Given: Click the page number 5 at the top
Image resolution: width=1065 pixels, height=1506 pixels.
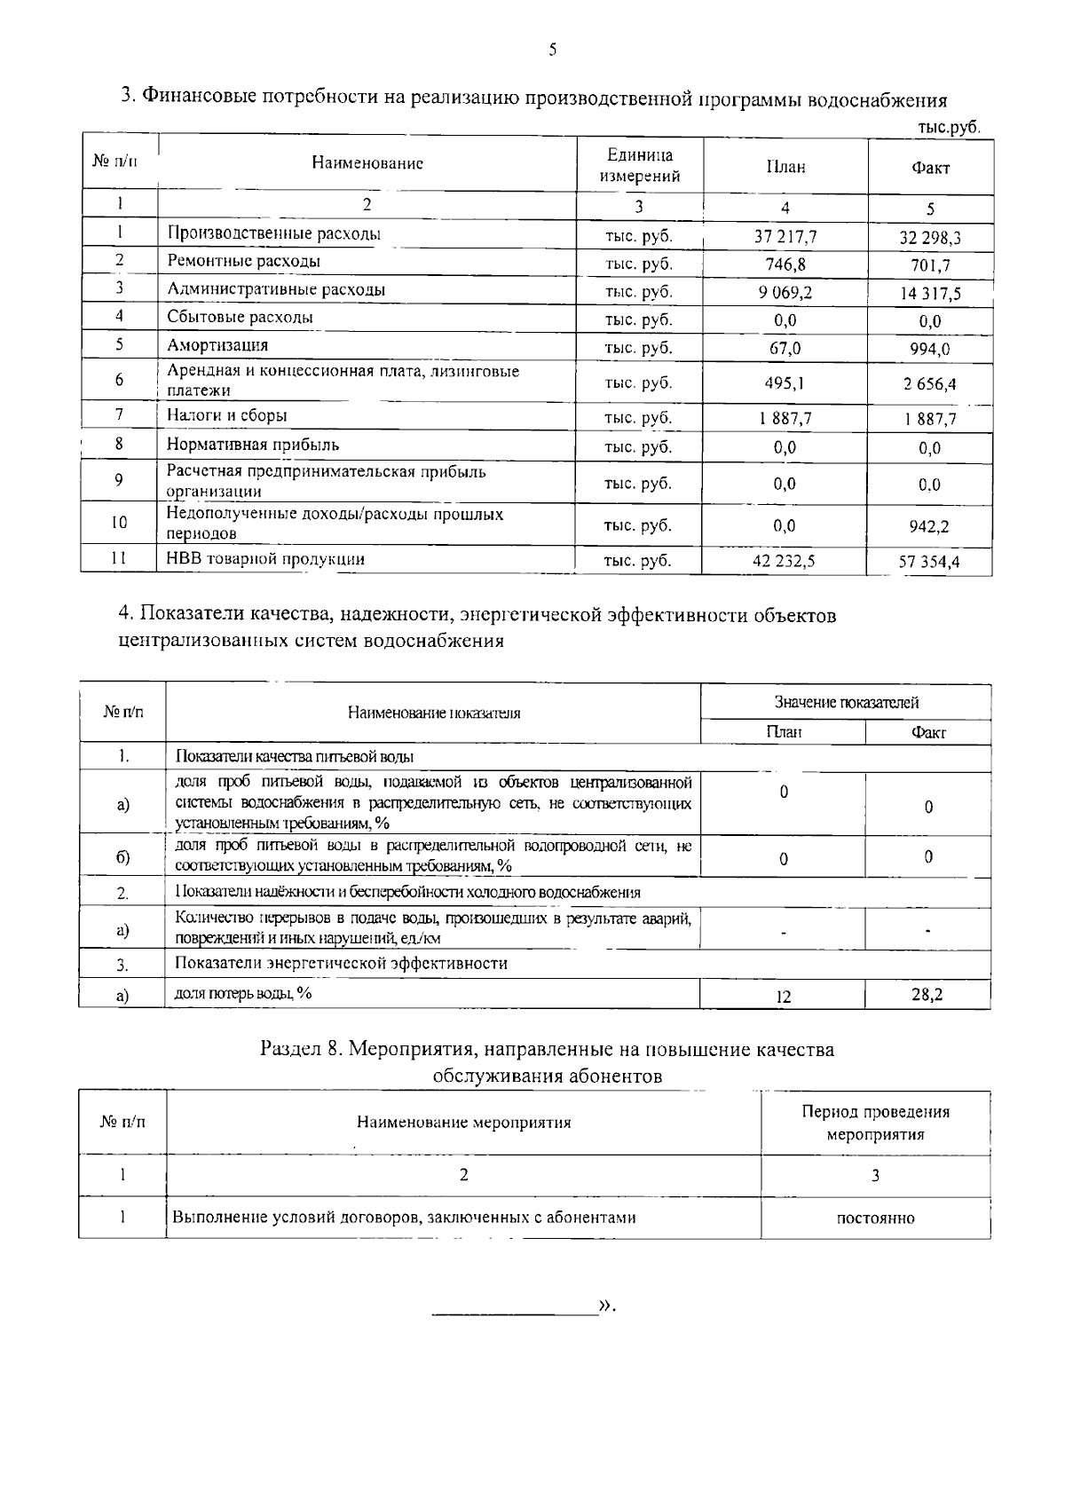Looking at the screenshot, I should point(552,50).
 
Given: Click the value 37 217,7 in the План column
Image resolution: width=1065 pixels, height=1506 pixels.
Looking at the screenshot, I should point(785,236).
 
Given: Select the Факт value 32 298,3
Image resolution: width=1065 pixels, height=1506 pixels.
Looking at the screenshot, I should point(929,238).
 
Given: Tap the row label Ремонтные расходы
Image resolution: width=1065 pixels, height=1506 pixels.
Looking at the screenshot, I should point(243,261).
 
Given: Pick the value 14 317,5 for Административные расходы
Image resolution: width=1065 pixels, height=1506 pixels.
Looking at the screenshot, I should point(929,294).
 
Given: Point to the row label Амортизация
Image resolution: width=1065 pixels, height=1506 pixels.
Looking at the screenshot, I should point(217,345).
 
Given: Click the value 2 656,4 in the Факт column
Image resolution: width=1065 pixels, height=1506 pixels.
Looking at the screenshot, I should point(929,384).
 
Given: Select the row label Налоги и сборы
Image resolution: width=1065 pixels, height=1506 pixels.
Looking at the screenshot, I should point(227,415).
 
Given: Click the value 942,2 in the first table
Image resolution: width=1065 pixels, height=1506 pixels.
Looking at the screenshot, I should point(929,526).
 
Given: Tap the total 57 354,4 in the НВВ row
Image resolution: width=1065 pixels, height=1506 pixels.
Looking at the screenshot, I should point(929,562).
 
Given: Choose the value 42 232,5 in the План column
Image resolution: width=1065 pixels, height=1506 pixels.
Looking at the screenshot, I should point(785,561).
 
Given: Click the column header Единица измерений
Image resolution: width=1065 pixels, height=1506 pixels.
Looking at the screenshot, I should point(639,165).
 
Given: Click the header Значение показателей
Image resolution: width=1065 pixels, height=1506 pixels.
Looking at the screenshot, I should point(846,702).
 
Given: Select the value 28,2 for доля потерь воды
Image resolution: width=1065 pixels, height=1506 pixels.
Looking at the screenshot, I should point(927,995).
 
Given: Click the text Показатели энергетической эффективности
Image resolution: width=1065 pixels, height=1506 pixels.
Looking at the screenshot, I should point(341,964).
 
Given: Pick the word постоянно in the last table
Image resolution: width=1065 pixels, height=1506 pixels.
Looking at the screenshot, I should point(875,1218).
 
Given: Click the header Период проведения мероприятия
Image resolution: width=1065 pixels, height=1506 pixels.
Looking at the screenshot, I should point(875,1123).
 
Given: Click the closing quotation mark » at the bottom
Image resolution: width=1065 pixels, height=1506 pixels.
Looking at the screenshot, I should point(606,1305).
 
